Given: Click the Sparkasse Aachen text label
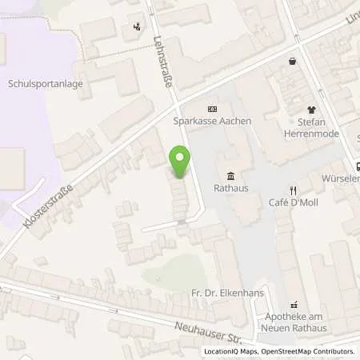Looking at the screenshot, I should (x=212, y=121).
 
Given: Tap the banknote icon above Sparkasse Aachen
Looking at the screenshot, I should (x=212, y=109).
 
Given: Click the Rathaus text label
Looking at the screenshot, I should (x=230, y=189).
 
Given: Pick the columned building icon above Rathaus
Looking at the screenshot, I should (x=230, y=176).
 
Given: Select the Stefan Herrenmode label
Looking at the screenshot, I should (x=312, y=128).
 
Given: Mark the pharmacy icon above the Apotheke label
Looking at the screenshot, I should (x=294, y=305).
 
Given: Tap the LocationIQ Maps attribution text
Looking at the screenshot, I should (x=230, y=351).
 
